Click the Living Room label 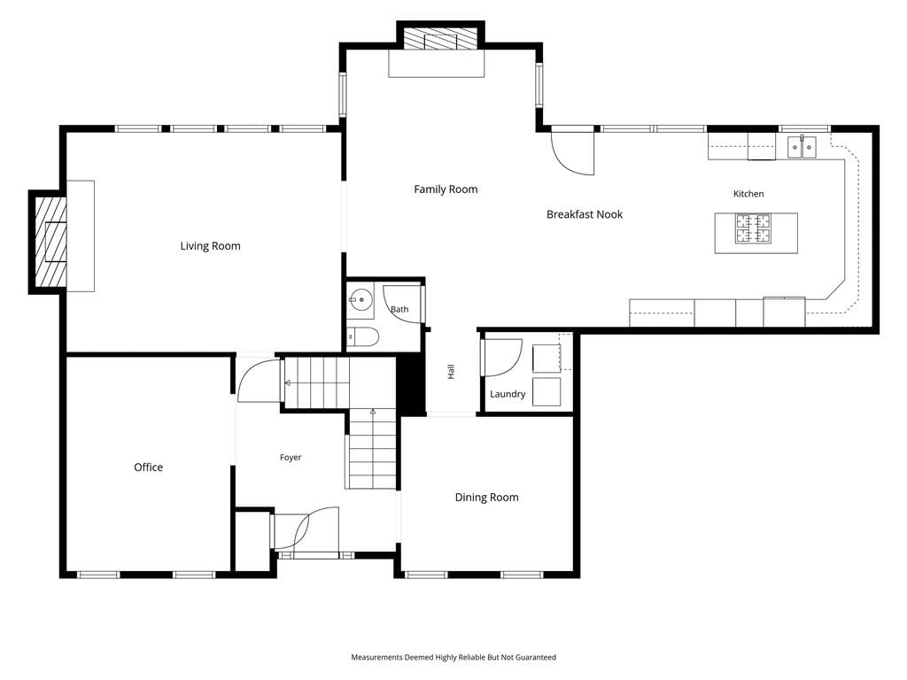pos(210,246)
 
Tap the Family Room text pos(446,189)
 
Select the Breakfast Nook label pos(585,214)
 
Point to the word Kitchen pos(748,194)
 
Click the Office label pos(148,467)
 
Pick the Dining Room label pos(486,498)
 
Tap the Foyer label pos(291,458)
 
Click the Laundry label pos(508,394)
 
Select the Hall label pos(451,372)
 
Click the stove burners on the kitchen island pos(753,228)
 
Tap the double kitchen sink pos(802,148)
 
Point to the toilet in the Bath pos(362,336)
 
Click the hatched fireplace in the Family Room pos(441,39)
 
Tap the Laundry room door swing pos(502,358)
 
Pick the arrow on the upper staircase pos(287,382)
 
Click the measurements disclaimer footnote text pos(453,657)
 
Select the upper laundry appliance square pos(547,359)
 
